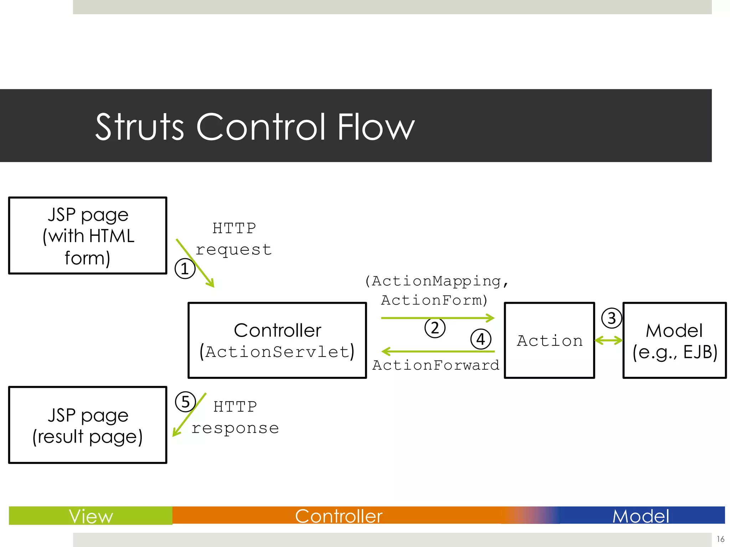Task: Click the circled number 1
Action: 185,269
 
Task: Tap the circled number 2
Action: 435,328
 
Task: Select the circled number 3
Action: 612,318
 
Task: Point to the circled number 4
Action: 481,339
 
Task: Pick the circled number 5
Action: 185,402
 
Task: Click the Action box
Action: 549,340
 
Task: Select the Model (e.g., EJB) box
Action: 674,340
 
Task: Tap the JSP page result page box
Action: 88,425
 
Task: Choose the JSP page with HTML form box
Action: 88,235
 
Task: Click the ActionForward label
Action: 436,365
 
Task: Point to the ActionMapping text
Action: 436,281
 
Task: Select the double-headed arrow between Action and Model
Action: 609,340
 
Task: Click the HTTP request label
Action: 234,239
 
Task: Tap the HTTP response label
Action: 235,417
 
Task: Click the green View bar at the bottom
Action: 91,516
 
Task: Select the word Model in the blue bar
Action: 641,516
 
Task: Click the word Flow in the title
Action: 376,127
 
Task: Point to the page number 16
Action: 720,539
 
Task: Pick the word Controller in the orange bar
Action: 339,516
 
